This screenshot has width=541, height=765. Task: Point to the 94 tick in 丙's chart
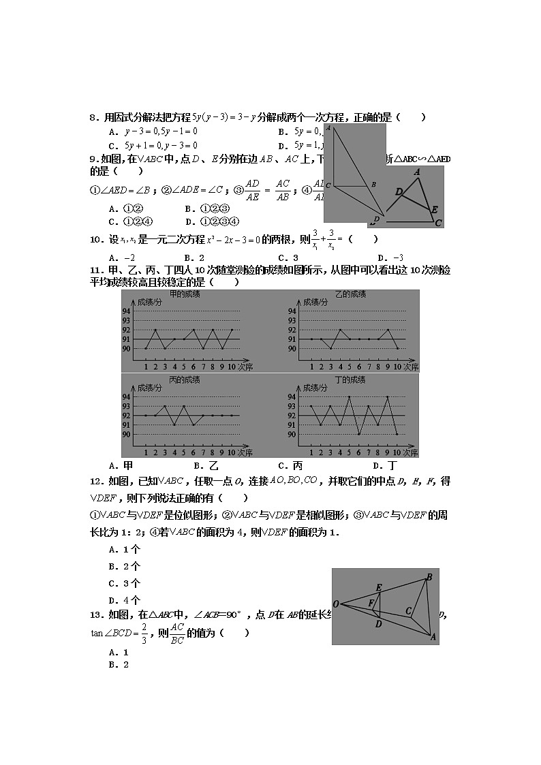click(126, 396)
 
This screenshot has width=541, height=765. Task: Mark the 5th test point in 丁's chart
click(349, 396)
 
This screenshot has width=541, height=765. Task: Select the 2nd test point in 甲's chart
click(155, 330)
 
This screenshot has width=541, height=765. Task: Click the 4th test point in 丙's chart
click(174, 424)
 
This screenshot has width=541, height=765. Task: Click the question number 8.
click(94, 117)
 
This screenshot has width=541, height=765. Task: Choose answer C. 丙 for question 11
click(287, 466)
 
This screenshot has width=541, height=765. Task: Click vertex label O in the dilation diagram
click(336, 604)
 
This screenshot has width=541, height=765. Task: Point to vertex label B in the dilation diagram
click(429, 577)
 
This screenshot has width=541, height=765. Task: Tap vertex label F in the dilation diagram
click(371, 603)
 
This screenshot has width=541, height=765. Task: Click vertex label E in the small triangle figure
click(434, 209)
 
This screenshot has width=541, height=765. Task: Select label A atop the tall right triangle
click(328, 127)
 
